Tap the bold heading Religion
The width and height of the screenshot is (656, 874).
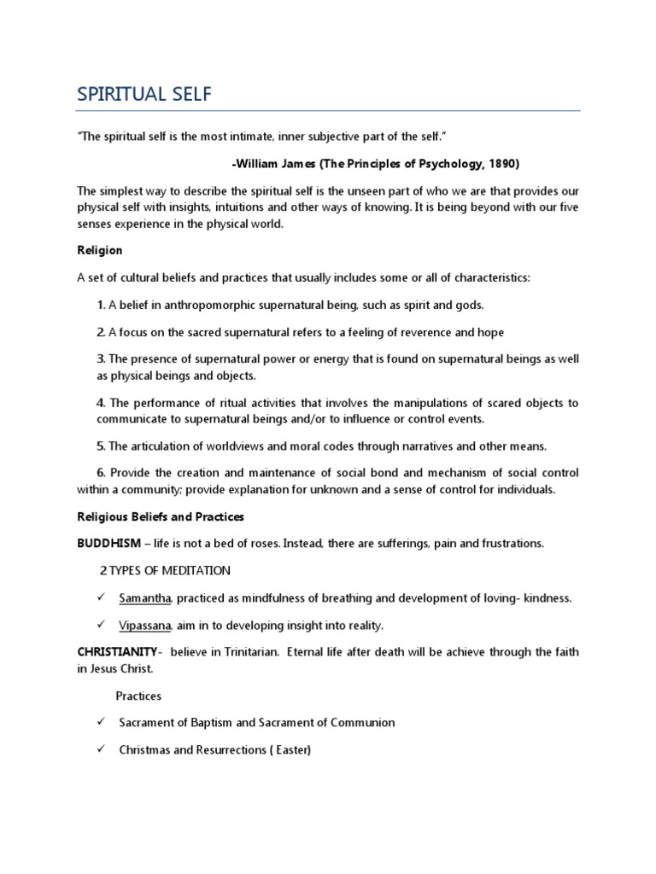(x=100, y=250)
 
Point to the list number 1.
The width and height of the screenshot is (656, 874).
(x=101, y=305)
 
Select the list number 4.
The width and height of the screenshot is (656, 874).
(x=101, y=403)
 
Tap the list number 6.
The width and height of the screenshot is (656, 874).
(x=101, y=473)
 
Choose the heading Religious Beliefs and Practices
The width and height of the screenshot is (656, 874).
(x=161, y=516)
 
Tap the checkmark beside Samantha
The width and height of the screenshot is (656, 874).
(x=101, y=597)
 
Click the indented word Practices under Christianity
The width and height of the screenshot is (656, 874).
(x=138, y=696)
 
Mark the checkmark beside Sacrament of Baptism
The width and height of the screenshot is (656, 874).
(x=101, y=722)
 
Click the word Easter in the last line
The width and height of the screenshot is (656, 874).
(x=290, y=749)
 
